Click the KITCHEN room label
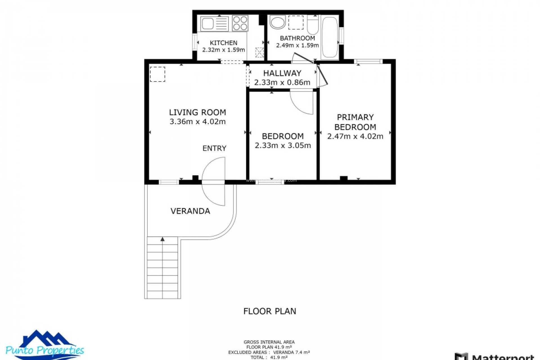(x=223, y=43)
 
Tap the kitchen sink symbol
(x=208, y=24)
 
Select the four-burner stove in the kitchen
(x=240, y=23)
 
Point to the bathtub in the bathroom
(x=330, y=37)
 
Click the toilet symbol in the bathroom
(x=312, y=25)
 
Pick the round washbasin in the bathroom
(x=278, y=22)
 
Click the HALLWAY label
(x=282, y=73)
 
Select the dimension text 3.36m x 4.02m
(x=197, y=121)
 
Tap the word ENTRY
(x=214, y=148)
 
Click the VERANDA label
(x=190, y=211)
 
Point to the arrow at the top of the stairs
(x=163, y=239)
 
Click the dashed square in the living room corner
(x=157, y=74)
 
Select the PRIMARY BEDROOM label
(x=355, y=122)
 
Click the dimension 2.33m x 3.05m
(x=283, y=145)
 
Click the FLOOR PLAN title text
(x=269, y=311)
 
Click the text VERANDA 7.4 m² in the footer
(x=291, y=352)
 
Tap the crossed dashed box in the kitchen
(x=259, y=52)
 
